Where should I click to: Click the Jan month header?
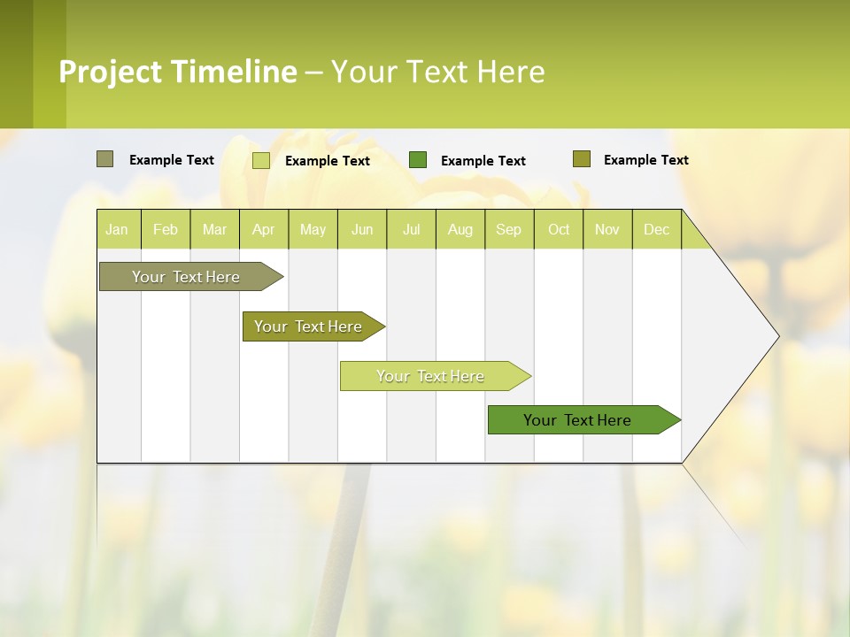[x=117, y=229]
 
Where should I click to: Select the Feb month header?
[x=166, y=229]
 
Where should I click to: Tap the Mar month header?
[x=214, y=229]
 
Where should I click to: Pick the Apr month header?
[x=263, y=229]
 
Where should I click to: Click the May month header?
[x=313, y=229]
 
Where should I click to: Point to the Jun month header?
[x=362, y=229]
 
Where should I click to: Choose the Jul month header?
[x=411, y=229]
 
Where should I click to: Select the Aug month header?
[x=460, y=229]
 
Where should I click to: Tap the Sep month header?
[x=508, y=229]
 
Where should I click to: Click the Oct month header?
[x=559, y=229]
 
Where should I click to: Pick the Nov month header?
[x=607, y=229]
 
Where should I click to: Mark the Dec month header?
[x=656, y=229]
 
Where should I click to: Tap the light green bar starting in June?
[x=431, y=376]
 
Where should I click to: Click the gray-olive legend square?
[x=104, y=159]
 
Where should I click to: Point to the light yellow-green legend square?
[x=260, y=160]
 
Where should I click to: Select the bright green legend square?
[x=417, y=160]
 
